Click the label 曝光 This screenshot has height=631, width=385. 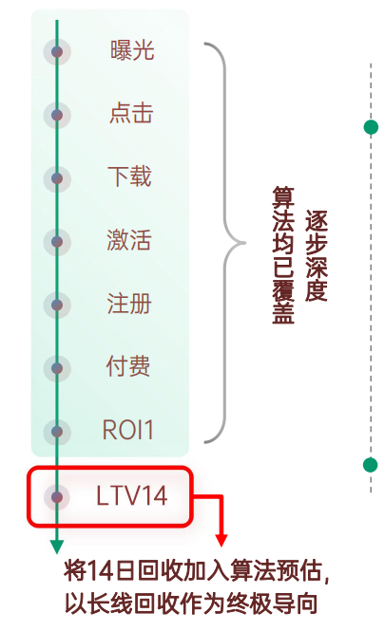[x=130, y=51]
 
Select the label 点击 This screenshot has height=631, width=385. [x=130, y=114]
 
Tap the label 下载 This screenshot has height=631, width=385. [x=129, y=177]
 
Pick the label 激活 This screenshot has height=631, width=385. [x=129, y=240]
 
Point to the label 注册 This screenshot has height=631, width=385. [x=129, y=304]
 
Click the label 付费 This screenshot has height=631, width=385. [x=128, y=366]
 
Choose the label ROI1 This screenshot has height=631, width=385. [x=128, y=430]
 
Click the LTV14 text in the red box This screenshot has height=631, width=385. [x=131, y=495]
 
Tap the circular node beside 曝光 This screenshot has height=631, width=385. [x=57, y=51]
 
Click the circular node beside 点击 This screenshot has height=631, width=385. [x=57, y=115]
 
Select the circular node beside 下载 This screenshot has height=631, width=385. [x=57, y=177]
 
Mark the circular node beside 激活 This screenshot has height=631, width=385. [x=57, y=241]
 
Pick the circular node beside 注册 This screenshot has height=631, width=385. [x=57, y=305]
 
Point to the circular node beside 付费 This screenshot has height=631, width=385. [x=57, y=367]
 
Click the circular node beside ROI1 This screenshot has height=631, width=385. [x=57, y=431]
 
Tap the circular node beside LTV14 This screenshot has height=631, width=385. [x=57, y=496]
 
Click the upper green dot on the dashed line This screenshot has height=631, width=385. [x=371, y=127]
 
